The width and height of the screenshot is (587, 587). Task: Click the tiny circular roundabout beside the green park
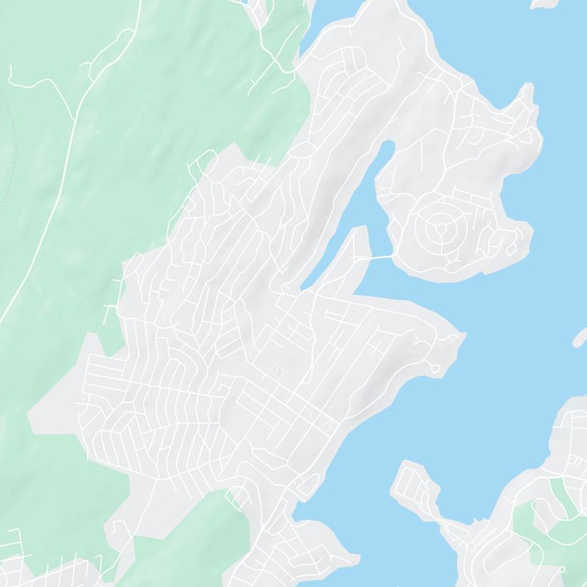click(x=561, y=568)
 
